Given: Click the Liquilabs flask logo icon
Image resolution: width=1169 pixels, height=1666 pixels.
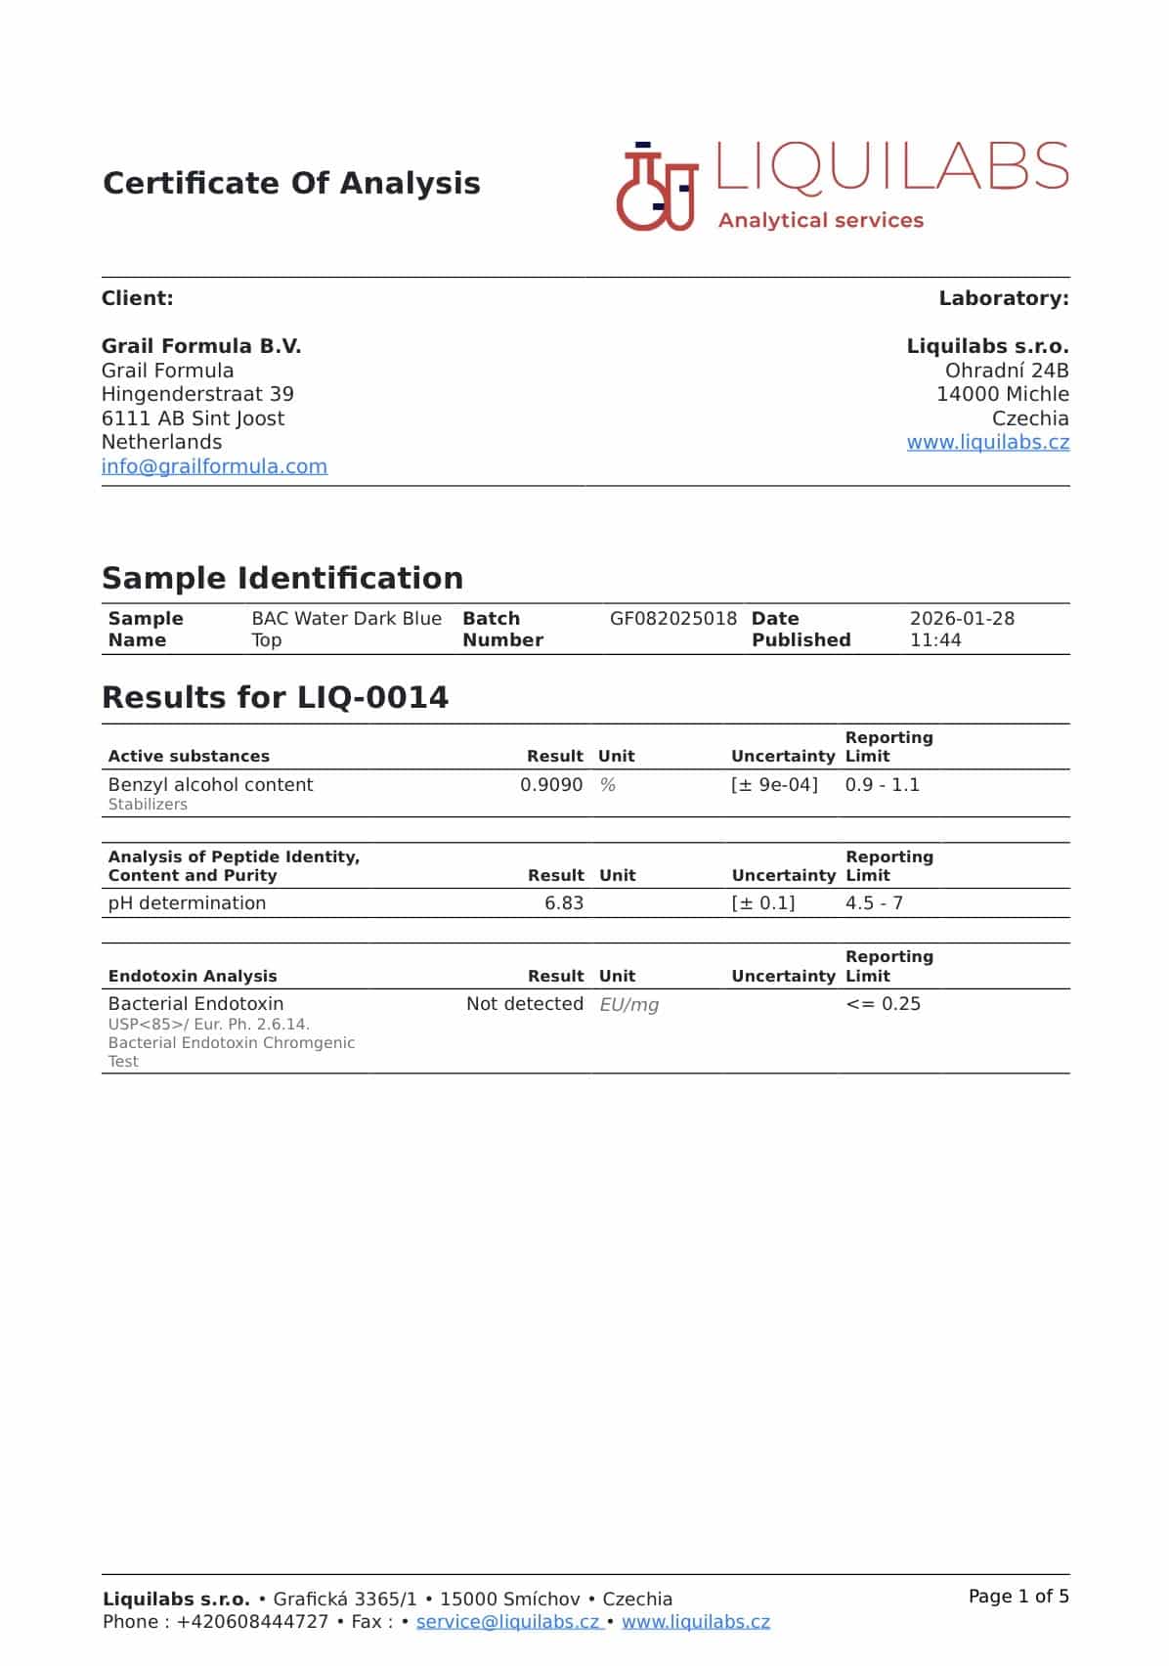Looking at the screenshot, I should point(656,188).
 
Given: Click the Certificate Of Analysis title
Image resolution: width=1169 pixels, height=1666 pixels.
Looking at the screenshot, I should point(291,183).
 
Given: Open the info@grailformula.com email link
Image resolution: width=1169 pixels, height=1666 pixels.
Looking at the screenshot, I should point(214,466).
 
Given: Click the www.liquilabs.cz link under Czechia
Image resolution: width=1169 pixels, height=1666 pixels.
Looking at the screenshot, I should point(987,442).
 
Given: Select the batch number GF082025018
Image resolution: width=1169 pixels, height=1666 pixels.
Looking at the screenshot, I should point(672,619).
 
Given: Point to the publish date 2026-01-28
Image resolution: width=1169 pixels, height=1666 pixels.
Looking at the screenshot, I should point(962,619).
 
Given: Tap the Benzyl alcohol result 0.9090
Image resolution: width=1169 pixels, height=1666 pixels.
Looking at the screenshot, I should point(551,785).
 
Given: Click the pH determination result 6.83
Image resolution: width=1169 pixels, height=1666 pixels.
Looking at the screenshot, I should point(564,903).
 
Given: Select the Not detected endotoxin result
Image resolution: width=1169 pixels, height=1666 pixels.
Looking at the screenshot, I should point(524,1004).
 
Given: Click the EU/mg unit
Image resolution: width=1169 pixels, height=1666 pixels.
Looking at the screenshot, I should point(628,1005).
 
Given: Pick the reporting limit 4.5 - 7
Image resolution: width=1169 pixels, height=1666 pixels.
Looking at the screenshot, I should point(874,903).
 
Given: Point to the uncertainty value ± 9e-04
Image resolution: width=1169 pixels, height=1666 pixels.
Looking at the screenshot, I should point(774,785).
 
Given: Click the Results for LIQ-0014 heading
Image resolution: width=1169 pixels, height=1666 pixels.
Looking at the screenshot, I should point(275,697).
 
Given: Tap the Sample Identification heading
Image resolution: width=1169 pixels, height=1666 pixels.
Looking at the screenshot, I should point(282,578).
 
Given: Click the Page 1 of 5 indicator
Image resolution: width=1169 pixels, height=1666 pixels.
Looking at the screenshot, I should point(1018,1597).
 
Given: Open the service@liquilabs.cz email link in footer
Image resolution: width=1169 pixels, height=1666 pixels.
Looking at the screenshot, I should point(508,1622).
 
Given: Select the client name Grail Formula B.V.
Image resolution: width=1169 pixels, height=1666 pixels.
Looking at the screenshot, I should point(201,346).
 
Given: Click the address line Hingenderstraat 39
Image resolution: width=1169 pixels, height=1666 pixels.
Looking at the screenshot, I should point(197,394).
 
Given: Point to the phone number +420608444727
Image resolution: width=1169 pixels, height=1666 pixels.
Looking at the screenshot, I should point(252,1622).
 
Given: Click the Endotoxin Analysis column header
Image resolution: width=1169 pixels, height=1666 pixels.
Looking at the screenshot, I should point(193,976).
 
